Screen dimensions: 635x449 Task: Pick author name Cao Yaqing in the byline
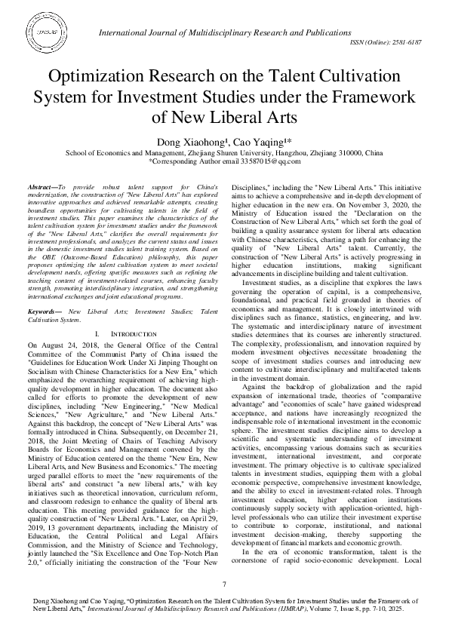point(250,141)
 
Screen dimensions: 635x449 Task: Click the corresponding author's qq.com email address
point(277,161)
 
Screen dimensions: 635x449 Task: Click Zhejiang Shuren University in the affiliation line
point(213,152)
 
